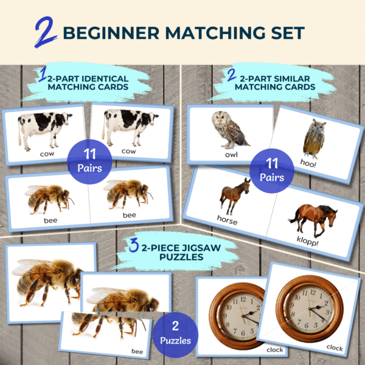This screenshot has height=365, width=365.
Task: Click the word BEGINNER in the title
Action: tap(111, 33)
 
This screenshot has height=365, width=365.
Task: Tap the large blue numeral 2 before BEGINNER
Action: tap(46, 32)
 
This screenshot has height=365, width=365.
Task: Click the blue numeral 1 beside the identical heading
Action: tap(43, 74)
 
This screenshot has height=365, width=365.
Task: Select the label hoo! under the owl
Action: tap(308, 163)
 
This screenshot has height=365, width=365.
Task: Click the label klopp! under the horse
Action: tap(307, 241)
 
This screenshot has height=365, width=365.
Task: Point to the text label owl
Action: tap(231, 155)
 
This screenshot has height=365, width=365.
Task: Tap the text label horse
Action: tap(227, 220)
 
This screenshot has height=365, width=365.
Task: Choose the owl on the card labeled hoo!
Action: tap(314, 138)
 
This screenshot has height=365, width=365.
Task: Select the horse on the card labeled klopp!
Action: tap(313, 219)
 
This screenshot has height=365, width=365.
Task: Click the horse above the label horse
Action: tap(235, 196)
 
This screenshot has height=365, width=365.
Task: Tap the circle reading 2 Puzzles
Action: tap(175, 334)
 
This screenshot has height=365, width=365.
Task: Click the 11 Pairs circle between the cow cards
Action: tap(89, 162)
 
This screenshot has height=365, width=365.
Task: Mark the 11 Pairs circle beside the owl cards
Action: tap(272, 171)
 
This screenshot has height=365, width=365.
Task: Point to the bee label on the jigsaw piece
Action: tap(137, 351)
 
